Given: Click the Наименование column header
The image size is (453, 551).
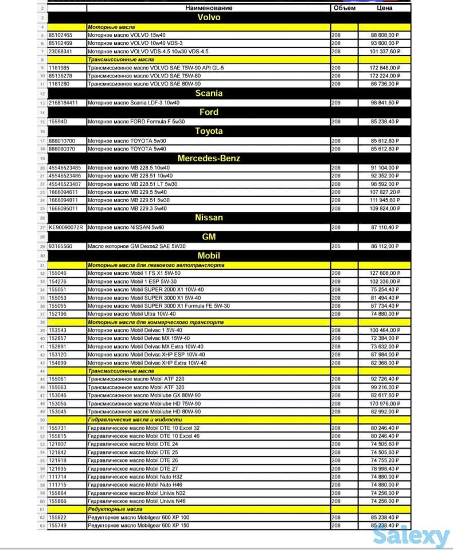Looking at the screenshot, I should [209, 8].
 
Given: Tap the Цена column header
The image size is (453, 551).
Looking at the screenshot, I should [384, 8].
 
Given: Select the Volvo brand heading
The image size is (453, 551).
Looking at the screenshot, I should [209, 17].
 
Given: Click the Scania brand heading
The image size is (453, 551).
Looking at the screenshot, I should [209, 93].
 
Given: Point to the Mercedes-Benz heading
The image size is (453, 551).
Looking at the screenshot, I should [209, 158].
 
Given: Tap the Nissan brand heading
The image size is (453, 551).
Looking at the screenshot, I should [209, 218].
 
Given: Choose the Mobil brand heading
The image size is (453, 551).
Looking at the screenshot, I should [209, 255].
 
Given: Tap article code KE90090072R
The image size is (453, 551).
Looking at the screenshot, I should [66, 227].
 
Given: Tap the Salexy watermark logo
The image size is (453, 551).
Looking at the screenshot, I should [411, 537].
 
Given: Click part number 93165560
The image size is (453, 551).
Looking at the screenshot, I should [61, 246].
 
